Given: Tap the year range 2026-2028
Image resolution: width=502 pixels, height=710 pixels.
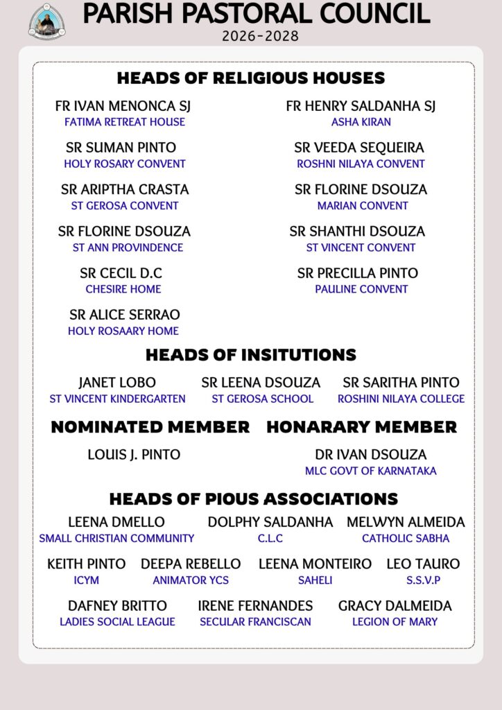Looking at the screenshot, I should click(260, 35).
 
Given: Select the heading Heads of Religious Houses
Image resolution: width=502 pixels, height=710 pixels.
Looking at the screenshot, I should click(250, 78).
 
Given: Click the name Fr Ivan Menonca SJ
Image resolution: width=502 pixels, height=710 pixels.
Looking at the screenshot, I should click(123, 106).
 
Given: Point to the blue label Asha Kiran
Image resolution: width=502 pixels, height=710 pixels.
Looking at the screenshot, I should click(361, 122).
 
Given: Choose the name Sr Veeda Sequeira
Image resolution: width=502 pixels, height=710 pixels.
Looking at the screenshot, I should click(358, 148).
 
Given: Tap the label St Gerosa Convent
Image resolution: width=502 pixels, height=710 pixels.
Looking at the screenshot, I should click(125, 206).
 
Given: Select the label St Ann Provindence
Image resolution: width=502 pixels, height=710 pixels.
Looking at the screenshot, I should click(128, 248).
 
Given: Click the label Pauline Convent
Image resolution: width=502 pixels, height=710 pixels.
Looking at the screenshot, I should click(361, 289).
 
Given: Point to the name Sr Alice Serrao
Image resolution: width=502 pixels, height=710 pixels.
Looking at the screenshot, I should click(124, 315).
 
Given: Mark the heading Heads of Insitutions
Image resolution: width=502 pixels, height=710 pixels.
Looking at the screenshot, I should click(250, 355).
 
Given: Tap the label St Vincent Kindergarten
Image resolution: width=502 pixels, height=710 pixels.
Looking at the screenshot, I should click(117, 399).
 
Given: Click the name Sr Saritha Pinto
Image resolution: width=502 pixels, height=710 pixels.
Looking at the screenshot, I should click(401, 383).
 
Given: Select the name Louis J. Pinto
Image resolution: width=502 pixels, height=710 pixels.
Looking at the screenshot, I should click(134, 455).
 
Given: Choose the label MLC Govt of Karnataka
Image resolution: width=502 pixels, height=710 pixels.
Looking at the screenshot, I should click(371, 471).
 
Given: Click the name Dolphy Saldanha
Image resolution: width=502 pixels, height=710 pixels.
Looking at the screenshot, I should click(270, 522).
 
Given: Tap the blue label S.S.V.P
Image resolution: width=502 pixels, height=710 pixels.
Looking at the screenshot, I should click(423, 580).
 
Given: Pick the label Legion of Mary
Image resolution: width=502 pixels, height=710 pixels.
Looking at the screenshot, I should click(395, 622).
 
